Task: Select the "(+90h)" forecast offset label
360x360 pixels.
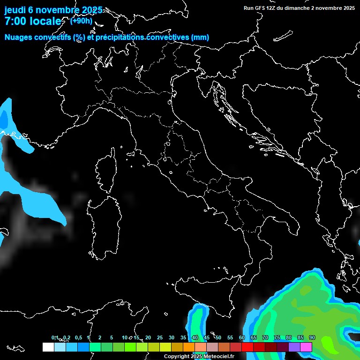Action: pyautogui.click(x=81, y=21)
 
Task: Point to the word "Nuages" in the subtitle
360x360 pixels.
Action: pyautogui.click(x=18, y=37)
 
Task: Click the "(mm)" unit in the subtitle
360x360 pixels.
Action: pyautogui.click(x=200, y=37)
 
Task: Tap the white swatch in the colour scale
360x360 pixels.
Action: pyautogui.click(x=48, y=347)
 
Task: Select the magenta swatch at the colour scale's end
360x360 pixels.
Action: pyautogui.click(x=306, y=347)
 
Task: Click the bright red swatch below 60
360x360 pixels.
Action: pyautogui.click(x=247, y=347)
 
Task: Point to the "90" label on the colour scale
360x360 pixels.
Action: pyautogui.click(x=312, y=337)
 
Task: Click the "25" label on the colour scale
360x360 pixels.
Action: pyautogui.click(x=160, y=337)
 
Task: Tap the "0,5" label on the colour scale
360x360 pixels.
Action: pyautogui.click(x=78, y=337)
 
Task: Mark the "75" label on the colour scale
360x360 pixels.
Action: pyautogui.click(x=277, y=337)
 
